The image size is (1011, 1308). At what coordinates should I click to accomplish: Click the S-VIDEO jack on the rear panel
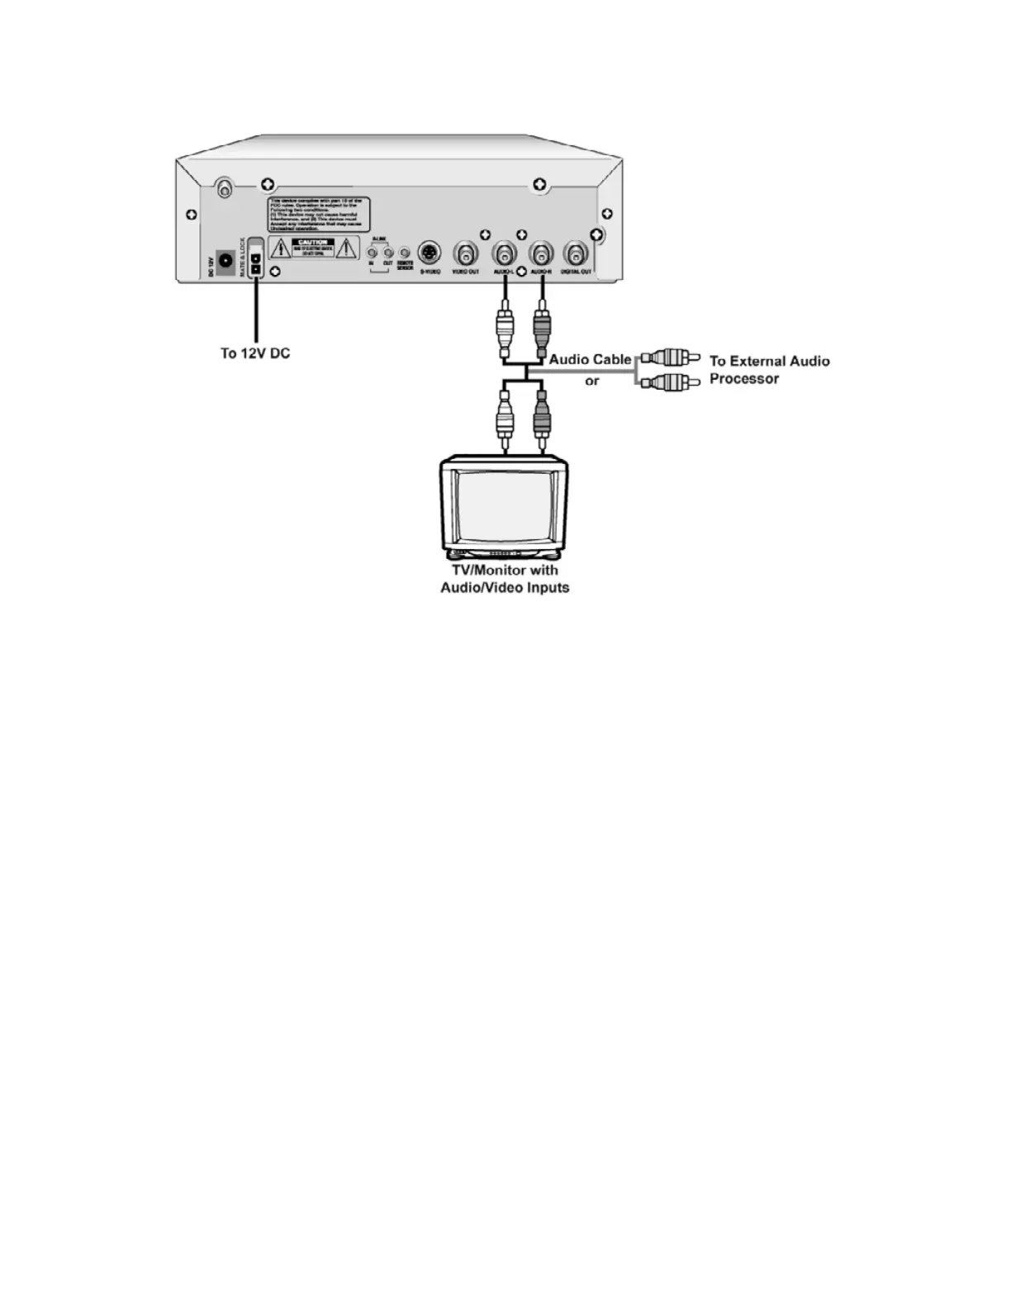[x=430, y=252]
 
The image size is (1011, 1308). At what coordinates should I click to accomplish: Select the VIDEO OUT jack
[x=466, y=253]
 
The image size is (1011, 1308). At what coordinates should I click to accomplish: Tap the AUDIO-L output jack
[x=504, y=253]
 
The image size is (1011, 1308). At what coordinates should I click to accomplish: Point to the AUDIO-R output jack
[x=541, y=253]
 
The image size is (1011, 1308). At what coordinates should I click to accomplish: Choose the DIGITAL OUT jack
[x=576, y=253]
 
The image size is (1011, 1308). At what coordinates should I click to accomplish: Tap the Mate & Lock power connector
[x=256, y=263]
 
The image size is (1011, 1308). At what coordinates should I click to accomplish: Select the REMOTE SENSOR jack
[x=405, y=252]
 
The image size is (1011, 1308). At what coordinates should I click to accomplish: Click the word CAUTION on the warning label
[x=313, y=243]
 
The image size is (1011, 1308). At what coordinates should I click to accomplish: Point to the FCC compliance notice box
[x=318, y=213]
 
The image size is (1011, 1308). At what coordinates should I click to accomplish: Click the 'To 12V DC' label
[x=255, y=353]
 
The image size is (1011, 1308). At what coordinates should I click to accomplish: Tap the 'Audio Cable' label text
[x=590, y=359]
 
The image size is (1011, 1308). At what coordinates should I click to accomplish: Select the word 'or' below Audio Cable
[x=592, y=381]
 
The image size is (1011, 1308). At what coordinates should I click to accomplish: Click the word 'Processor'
[x=744, y=379]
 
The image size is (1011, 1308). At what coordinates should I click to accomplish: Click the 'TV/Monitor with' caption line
[x=505, y=570]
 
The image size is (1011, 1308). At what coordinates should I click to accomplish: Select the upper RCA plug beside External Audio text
[x=669, y=358]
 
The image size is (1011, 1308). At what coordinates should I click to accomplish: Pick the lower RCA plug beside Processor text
[x=669, y=382]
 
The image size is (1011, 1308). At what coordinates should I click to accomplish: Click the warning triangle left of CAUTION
[x=280, y=248]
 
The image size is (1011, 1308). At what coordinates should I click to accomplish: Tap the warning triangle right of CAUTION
[x=346, y=248]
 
